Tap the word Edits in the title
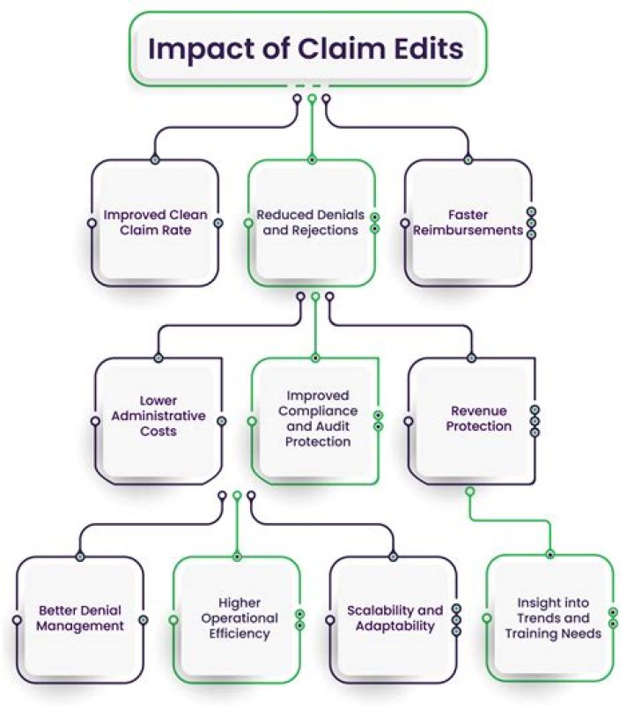coord(429,48)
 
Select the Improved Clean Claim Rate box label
coord(156,222)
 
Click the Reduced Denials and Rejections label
coord(311,222)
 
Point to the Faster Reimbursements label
coord(468,222)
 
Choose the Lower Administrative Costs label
coord(158,416)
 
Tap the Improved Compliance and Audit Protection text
coord(318,418)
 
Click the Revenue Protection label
coord(479,418)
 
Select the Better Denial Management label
coord(80,618)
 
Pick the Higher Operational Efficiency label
coord(240,618)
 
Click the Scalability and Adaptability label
coord(394,618)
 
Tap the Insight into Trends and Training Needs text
coord(553,618)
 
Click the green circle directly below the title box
coord(312,98)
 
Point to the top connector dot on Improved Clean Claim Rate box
coord(155,159)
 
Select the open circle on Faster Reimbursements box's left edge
coord(406,223)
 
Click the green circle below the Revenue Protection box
coord(470,491)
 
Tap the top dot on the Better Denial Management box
coord(80,557)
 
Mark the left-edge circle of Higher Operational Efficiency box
coord(173,619)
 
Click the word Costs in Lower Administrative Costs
coord(158,431)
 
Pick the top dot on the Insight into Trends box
coord(550,554)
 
